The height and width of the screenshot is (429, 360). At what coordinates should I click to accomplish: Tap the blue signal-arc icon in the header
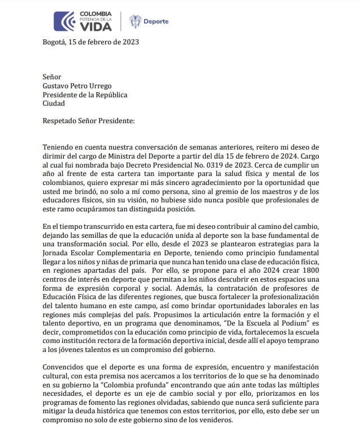[63, 21]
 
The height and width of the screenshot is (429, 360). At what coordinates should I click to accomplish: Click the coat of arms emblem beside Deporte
[135, 21]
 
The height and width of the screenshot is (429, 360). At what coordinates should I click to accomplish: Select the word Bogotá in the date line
[54, 42]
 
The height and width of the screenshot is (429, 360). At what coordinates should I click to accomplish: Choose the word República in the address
[107, 94]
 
